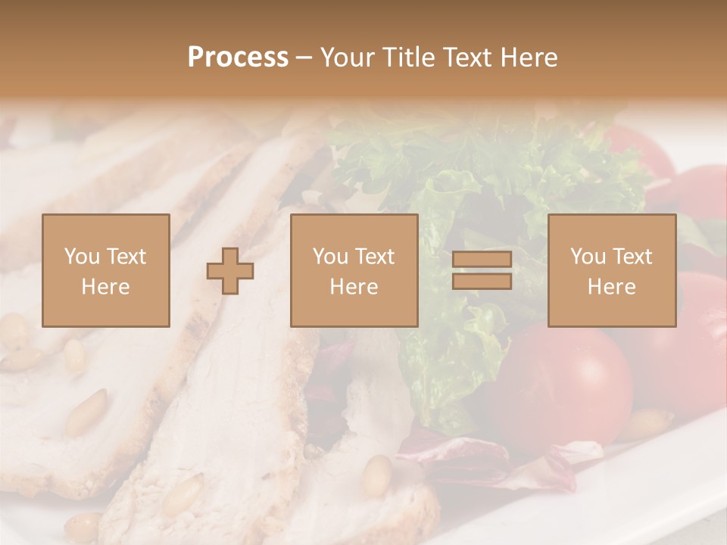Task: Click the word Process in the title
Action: click(x=238, y=58)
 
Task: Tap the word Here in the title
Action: click(x=528, y=58)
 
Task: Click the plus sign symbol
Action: click(x=230, y=271)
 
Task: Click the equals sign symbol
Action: click(x=482, y=270)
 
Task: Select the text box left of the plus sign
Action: click(x=105, y=270)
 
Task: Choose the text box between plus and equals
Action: click(x=354, y=270)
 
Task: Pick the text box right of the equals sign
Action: click(x=612, y=270)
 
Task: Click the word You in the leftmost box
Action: click(x=80, y=257)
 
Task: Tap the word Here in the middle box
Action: click(x=354, y=287)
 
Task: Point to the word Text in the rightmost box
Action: click(x=633, y=257)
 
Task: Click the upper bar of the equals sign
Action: click(x=482, y=260)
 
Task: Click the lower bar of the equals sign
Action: click(x=482, y=281)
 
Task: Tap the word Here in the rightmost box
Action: click(x=612, y=287)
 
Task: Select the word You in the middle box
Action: click(x=329, y=257)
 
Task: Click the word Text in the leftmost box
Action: click(x=126, y=257)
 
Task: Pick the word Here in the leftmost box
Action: click(x=105, y=287)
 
